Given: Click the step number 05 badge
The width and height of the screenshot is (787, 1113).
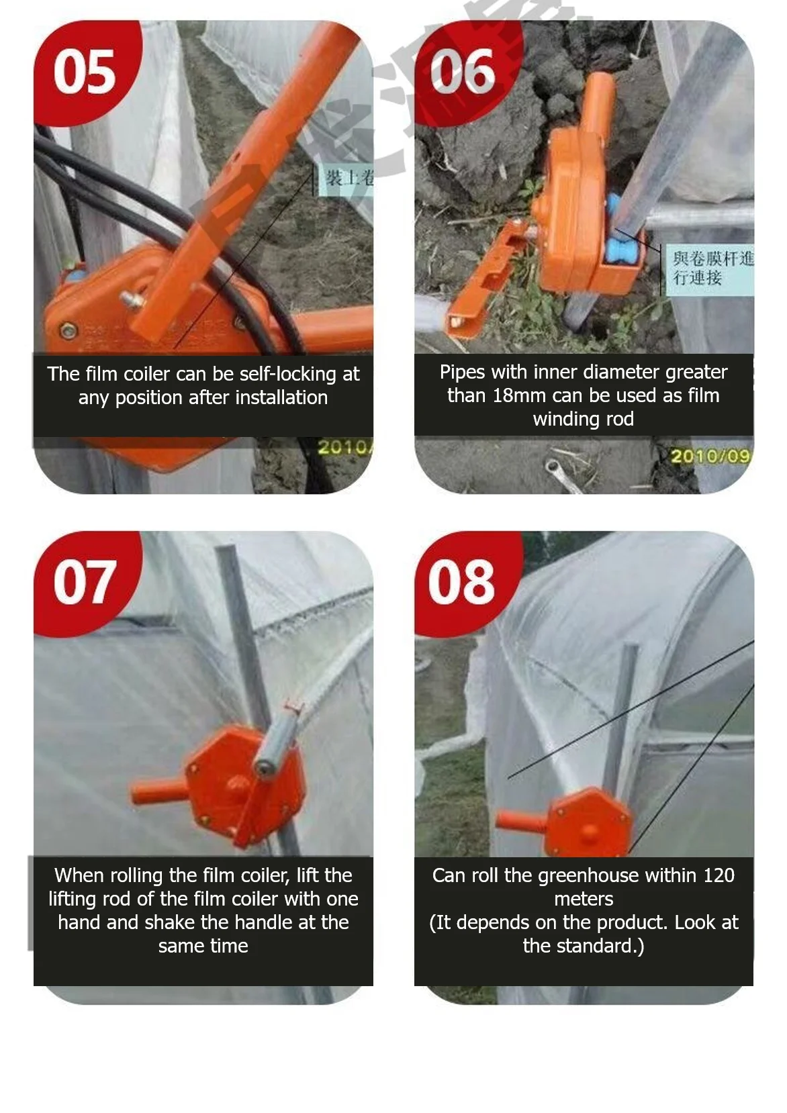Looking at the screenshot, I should point(84,72).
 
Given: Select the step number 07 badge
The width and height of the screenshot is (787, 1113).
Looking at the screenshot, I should point(84,582).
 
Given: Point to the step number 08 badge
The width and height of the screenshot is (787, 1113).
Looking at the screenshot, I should point(462,582).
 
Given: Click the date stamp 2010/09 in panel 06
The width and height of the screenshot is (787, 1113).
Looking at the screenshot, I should point(710,456).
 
